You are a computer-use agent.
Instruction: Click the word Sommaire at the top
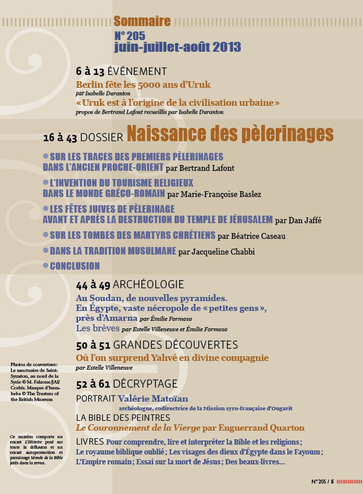point(142,22)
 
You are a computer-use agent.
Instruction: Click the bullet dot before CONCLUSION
point(46,266)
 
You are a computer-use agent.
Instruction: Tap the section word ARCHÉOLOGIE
point(148,285)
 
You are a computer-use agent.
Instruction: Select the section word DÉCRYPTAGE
point(145,384)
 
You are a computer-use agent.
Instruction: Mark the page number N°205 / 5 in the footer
point(322,481)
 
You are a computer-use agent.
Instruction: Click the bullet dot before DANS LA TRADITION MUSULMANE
point(46,251)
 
